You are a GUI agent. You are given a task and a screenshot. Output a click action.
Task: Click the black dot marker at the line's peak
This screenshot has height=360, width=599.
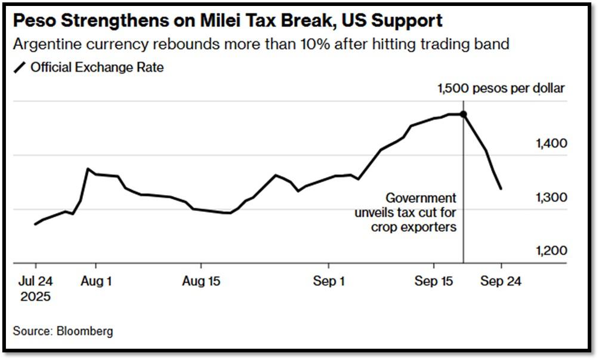point(464,114)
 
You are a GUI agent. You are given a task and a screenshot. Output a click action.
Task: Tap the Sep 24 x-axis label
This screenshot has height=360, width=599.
point(501,281)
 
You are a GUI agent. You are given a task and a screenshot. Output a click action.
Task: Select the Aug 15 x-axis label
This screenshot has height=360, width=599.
point(201,281)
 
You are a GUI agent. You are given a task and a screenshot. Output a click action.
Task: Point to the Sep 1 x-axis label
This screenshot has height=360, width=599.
point(329,281)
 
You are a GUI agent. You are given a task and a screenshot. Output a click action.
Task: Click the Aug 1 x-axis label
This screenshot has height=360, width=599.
point(96,281)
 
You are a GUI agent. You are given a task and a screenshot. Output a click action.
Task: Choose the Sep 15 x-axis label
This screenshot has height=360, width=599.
point(434,281)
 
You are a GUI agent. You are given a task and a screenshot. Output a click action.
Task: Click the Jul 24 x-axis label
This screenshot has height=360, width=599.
point(36,281)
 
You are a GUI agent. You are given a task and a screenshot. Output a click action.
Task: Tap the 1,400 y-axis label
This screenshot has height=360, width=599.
point(551,144)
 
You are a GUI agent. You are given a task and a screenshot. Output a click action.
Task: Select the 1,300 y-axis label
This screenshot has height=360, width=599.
point(551,198)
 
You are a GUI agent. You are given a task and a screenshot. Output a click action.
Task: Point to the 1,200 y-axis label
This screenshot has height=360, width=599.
point(551,251)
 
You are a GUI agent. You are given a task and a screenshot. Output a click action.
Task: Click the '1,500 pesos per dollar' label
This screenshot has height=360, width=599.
point(501,89)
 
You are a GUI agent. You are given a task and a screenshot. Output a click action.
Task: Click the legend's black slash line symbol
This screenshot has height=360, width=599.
point(20,67)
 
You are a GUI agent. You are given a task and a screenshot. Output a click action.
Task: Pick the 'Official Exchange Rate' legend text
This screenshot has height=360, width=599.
point(97,67)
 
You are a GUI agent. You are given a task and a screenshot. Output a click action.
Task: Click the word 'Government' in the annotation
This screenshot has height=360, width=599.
point(421,198)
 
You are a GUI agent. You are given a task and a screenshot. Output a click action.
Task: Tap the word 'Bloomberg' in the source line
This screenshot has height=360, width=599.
point(85,331)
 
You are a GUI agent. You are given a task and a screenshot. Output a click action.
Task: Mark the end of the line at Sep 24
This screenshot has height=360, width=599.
point(501,189)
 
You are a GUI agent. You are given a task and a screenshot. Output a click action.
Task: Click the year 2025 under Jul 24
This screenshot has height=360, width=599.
point(36,297)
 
